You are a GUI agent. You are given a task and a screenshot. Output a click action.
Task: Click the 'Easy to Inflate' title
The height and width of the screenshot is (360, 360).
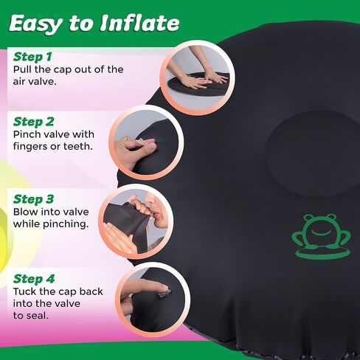click(94, 24)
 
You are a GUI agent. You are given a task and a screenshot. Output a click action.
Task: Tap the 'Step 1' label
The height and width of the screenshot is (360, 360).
click(32, 57)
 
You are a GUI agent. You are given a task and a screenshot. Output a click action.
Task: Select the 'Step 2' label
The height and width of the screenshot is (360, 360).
click(34, 122)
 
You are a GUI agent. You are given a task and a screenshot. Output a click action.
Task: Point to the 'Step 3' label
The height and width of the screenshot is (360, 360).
click(33, 199)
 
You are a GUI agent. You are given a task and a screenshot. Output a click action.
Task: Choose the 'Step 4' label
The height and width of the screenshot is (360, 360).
click(34, 279)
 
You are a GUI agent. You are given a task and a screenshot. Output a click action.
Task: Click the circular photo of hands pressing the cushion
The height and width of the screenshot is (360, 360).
click(198, 77)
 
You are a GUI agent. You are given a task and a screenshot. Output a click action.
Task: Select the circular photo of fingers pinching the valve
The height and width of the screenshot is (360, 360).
click(146, 142)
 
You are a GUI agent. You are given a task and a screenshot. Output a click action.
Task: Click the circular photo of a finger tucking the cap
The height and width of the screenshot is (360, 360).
click(153, 300)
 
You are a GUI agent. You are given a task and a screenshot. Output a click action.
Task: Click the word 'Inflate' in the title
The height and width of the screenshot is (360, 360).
click(139, 23)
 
